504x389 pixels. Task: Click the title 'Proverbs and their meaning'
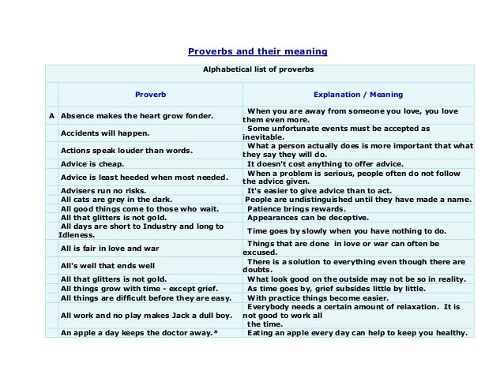257,52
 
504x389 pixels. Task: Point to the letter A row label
52,115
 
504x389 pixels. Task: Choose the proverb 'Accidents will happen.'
105,133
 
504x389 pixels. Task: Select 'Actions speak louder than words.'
126,149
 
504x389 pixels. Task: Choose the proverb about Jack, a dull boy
136,315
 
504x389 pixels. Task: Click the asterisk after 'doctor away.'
216,333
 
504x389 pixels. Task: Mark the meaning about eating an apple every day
357,333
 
